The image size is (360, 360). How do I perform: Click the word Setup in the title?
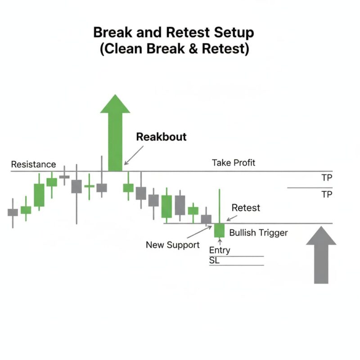(x=234, y=33)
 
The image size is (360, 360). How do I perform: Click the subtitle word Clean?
(x=121, y=49)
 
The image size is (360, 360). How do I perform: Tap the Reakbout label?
(x=161, y=137)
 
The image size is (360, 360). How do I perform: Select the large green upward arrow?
(x=115, y=133)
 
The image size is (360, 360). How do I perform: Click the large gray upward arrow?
(x=321, y=255)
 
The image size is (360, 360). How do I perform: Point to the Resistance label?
(x=33, y=164)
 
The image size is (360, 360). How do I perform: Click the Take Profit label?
(x=234, y=163)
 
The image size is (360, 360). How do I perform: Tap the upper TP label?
(x=327, y=178)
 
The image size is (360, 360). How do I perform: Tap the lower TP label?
(x=327, y=194)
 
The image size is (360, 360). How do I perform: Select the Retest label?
(x=246, y=208)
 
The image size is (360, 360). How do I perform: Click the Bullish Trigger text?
(x=258, y=233)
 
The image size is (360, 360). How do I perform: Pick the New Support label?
(x=173, y=245)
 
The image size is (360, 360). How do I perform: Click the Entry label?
(x=220, y=250)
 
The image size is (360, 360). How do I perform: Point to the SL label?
(x=214, y=261)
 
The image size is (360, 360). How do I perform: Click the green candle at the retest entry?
(x=219, y=230)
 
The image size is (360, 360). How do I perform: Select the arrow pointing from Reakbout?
(x=134, y=155)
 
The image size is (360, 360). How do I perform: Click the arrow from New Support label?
(x=199, y=232)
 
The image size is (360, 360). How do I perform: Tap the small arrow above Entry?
(x=220, y=242)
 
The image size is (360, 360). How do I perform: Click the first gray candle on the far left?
(x=13, y=213)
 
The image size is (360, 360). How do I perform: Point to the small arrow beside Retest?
(x=232, y=218)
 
